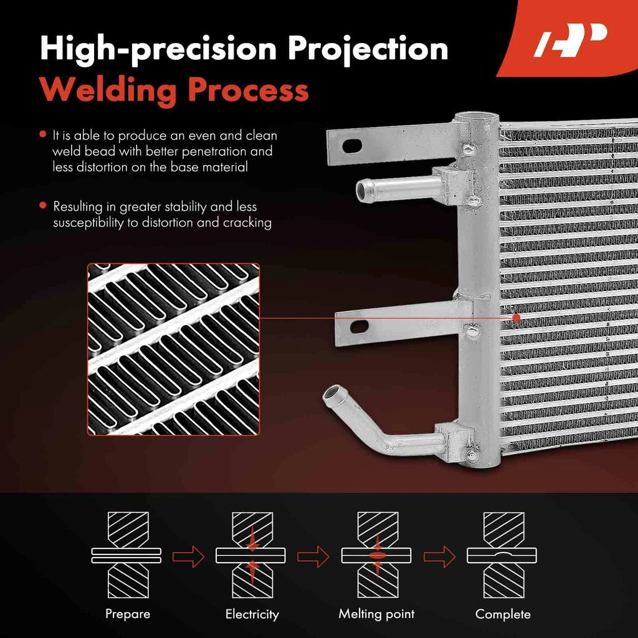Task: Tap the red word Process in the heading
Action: (248, 90)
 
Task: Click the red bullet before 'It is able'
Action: (43, 135)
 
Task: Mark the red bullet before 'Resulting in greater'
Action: (43, 206)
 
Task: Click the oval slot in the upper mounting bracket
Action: (352, 146)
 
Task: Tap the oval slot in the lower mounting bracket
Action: (359, 326)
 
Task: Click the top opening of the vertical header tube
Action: (476, 117)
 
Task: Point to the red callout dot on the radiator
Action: (517, 318)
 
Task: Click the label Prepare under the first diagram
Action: (128, 614)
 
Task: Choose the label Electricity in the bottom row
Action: (252, 614)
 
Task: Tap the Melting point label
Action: (376, 614)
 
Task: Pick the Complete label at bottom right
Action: (503, 614)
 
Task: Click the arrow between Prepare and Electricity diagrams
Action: (188, 556)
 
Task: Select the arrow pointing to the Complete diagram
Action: (439, 556)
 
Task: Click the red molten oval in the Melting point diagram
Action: (377, 556)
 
